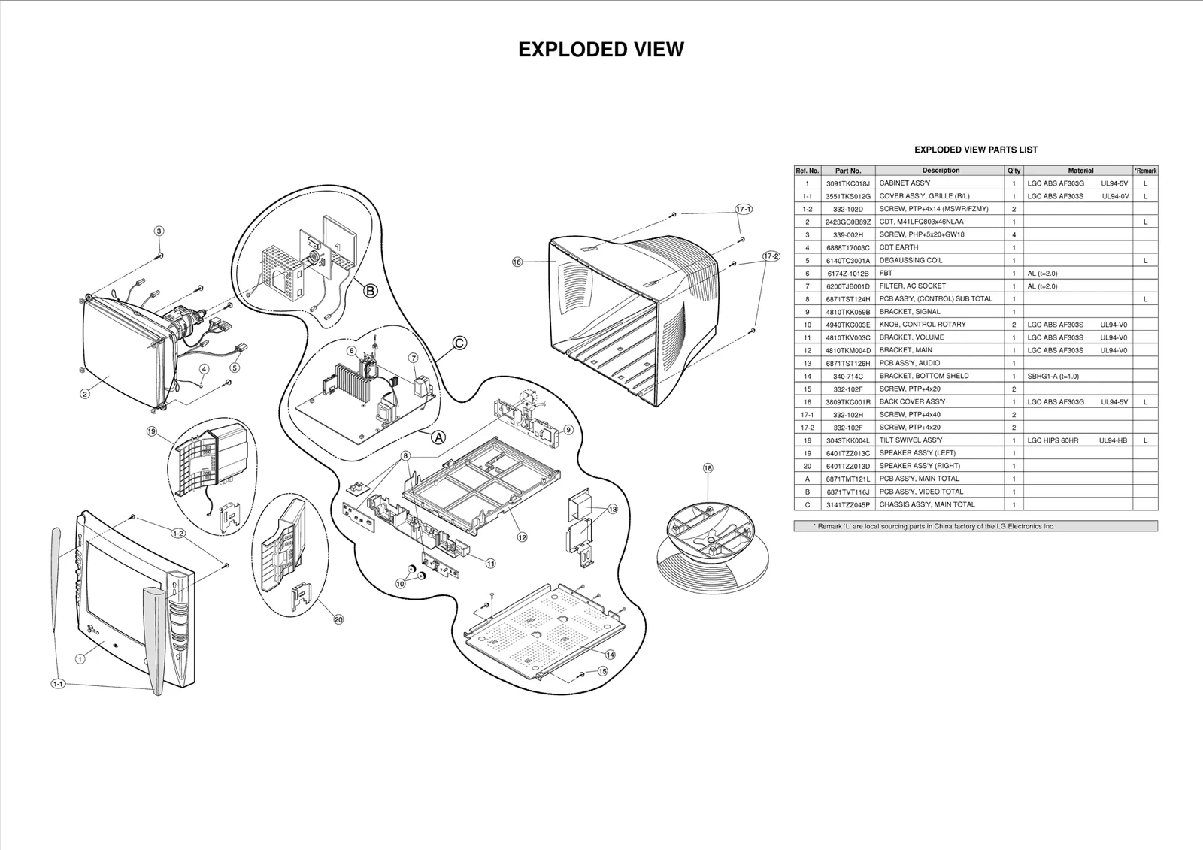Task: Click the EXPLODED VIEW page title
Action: point(601,50)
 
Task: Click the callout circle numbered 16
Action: point(517,262)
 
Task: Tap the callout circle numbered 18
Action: point(708,468)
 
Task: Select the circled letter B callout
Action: point(370,291)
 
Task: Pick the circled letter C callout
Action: point(459,343)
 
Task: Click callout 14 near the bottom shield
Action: point(610,655)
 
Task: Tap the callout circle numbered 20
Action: point(338,619)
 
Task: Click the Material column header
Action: point(1080,171)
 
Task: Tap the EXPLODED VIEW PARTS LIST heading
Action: point(975,150)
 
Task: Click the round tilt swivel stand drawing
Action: point(712,541)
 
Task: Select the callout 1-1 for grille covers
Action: point(58,684)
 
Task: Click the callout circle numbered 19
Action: point(152,431)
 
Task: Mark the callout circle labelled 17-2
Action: point(771,256)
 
